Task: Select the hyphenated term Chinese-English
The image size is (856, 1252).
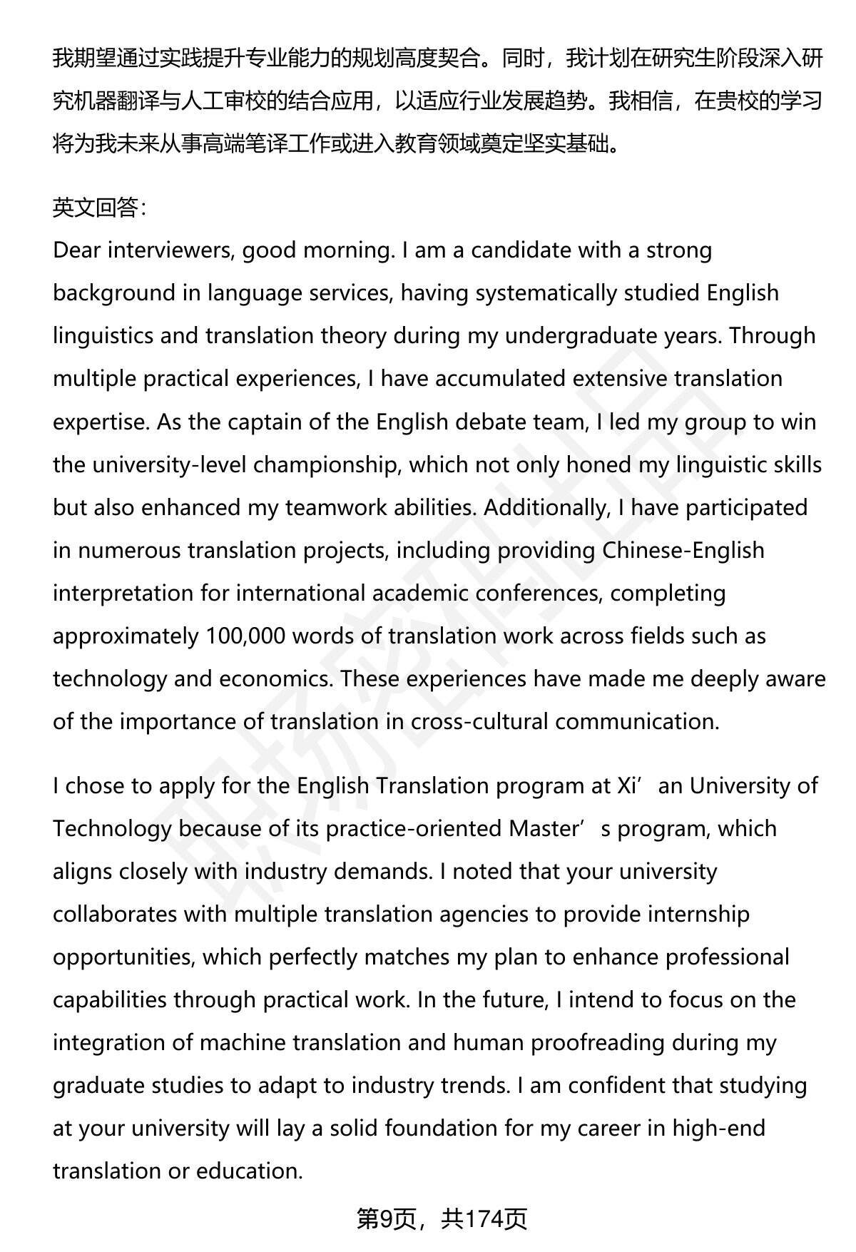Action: (x=683, y=551)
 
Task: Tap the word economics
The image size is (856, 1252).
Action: (x=275, y=679)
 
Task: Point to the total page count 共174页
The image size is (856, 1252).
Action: (x=484, y=1219)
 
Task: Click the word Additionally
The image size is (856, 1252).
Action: (x=545, y=508)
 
